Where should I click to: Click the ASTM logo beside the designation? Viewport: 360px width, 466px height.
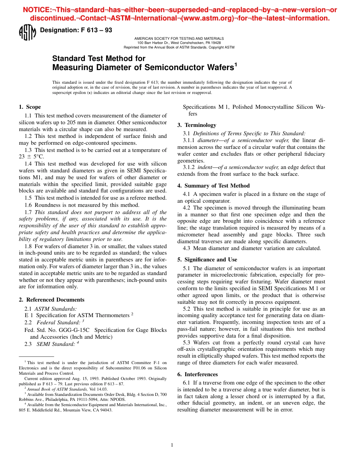coord(27,33)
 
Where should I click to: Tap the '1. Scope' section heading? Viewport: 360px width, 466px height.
coord(30,107)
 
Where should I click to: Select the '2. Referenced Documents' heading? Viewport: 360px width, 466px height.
coord(52,300)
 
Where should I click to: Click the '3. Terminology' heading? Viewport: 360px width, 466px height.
coord(197,125)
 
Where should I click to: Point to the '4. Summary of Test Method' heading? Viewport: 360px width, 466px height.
coord(213,186)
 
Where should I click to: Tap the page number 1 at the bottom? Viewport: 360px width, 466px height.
coord(172,445)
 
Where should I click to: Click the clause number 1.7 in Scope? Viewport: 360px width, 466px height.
coord(28,212)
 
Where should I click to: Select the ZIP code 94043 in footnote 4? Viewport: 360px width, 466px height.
coord(105,410)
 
